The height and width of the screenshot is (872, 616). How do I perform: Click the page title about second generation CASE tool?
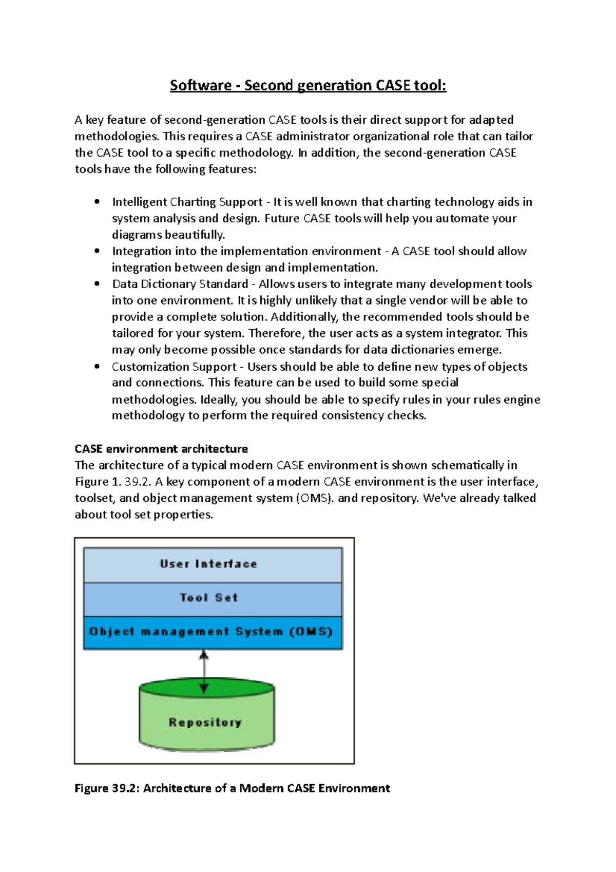pos(308,85)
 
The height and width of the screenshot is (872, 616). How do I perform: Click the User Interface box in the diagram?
pos(213,564)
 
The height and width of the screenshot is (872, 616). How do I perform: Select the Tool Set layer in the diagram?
pos(213,598)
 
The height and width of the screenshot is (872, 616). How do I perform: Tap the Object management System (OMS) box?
pos(213,632)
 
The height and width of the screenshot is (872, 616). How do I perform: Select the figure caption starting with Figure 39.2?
pos(232,788)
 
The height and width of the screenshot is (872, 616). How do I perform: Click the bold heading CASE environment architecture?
pos(161,449)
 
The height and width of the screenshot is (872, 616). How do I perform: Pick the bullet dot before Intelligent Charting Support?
pos(97,202)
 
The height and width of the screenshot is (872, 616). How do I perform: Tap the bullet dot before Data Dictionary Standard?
pos(97,284)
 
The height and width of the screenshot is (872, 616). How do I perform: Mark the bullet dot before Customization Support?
pos(97,367)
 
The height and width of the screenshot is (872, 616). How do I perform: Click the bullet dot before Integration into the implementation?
pos(97,251)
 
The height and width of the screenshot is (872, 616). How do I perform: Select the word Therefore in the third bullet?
pos(276,333)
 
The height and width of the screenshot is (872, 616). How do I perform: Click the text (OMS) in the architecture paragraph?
pos(313,498)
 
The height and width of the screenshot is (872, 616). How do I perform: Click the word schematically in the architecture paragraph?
pos(468,465)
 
